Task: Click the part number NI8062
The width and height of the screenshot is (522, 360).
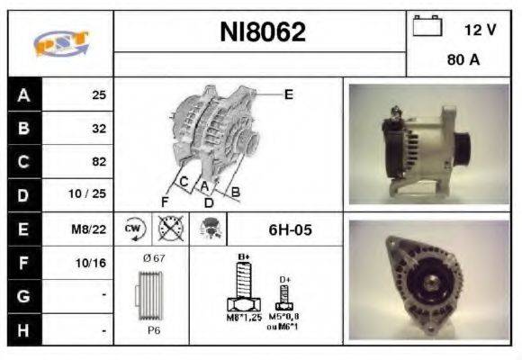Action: (x=263, y=32)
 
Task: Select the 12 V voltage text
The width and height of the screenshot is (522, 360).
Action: (x=480, y=30)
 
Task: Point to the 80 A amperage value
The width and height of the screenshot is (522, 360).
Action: (x=463, y=62)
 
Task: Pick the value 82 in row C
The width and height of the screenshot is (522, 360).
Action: (x=99, y=162)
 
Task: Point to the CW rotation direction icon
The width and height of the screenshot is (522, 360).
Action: (x=134, y=229)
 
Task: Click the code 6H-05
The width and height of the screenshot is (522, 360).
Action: (x=290, y=229)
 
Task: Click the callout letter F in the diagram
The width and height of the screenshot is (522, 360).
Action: (x=165, y=200)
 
